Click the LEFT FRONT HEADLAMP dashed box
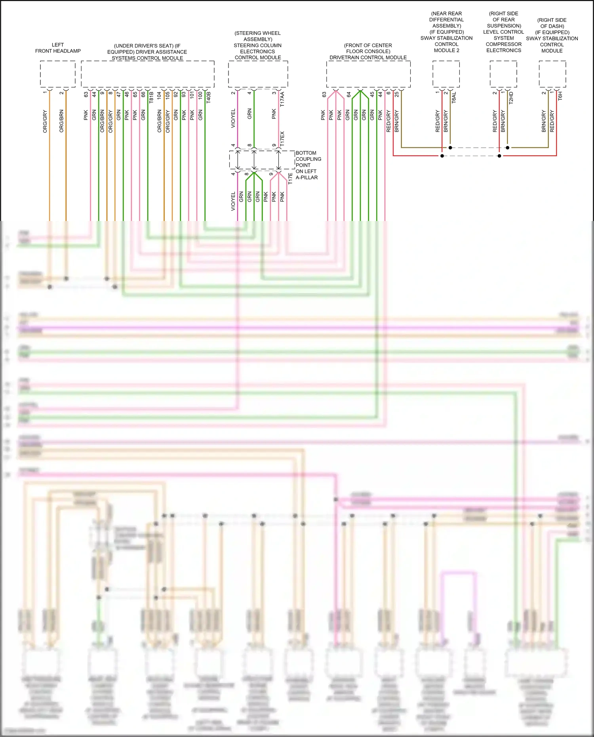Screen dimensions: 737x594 point(58,74)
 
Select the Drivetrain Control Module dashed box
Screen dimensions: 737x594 point(368,74)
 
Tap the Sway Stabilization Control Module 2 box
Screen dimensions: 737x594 point(446,74)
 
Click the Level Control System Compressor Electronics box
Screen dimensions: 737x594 point(503,74)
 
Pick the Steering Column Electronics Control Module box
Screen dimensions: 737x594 point(258,74)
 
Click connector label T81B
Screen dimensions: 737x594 point(151,97)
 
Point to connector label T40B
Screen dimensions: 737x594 point(209,97)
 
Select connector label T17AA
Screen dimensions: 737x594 point(282,99)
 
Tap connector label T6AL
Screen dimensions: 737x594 point(454,98)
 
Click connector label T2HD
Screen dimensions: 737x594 point(511,98)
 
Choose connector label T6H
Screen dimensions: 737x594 point(560,96)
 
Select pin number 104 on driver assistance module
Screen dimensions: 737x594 point(159,95)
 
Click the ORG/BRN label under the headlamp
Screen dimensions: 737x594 point(61,121)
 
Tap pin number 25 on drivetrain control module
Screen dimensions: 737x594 point(397,95)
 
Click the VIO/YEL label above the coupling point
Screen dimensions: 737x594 point(233,118)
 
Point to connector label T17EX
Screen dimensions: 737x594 point(282,139)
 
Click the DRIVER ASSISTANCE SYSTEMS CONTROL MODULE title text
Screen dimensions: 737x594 point(147,52)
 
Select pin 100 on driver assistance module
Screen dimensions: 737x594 point(200,95)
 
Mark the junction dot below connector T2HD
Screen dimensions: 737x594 point(508,148)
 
